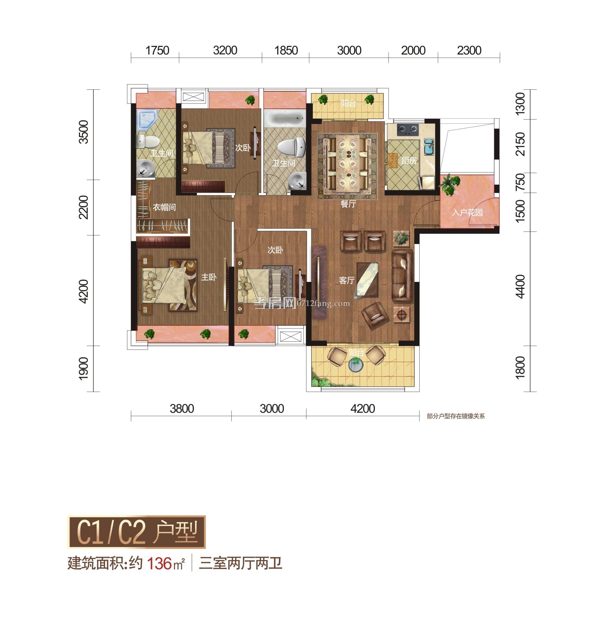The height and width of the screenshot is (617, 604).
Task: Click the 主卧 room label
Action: pyautogui.click(x=209, y=277)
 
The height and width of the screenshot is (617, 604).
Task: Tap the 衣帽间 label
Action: pyautogui.click(x=164, y=208)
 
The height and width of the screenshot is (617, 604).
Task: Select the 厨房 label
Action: pyautogui.click(x=409, y=161)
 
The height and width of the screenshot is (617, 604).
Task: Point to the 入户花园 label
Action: pyautogui.click(x=467, y=212)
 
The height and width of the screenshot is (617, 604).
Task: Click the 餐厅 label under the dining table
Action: pyautogui.click(x=348, y=204)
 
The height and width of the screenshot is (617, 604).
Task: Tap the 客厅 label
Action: pyautogui.click(x=347, y=280)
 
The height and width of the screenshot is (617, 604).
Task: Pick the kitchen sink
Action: pyautogui.click(x=429, y=147)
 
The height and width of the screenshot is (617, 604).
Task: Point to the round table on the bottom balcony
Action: pyautogui.click(x=356, y=365)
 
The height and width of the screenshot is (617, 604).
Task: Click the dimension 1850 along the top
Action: pyautogui.click(x=286, y=51)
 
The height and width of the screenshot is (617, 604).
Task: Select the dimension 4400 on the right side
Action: pyautogui.click(x=520, y=286)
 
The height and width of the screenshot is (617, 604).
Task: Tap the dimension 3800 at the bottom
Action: pyautogui.click(x=182, y=408)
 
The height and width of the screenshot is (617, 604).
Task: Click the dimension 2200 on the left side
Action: pyautogui.click(x=84, y=208)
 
